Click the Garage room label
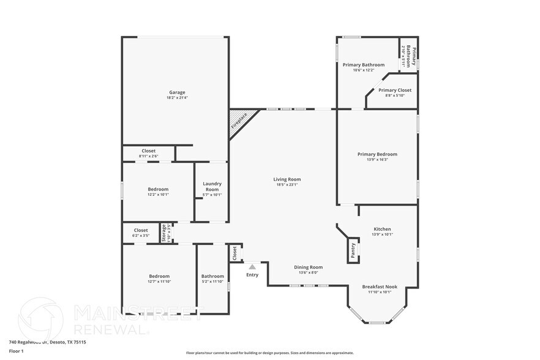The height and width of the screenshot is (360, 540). pos(177,92)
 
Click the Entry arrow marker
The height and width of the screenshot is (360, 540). pos(252,267)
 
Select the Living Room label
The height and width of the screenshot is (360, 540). pos(287,179)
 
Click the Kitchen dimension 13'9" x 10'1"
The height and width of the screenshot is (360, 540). pos(383,234)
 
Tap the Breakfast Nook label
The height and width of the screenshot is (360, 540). pos(380,287)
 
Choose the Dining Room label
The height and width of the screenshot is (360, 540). pos(308,267)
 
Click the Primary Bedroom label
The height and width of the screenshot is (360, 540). pos(377,154)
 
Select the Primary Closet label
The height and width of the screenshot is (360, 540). pos(395,90)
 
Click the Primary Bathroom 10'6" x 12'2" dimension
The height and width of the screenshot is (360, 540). pos(363,70)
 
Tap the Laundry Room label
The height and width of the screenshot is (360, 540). pos(212,186)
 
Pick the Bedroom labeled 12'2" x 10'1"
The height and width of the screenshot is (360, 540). pos(158,189)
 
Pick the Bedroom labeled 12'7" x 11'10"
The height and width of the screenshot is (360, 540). pos(159,276)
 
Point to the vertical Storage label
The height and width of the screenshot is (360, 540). pos(163,233)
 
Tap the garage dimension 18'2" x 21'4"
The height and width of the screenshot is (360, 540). pos(177,98)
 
